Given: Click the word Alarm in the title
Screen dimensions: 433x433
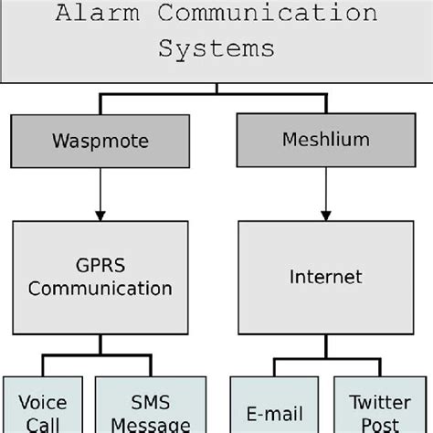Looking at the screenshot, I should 90,14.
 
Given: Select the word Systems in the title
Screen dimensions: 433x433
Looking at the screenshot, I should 216,48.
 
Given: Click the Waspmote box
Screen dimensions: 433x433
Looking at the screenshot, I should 100,142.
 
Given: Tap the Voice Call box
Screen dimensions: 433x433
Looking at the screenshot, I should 42,407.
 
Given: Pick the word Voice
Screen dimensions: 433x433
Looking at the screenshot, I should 42,403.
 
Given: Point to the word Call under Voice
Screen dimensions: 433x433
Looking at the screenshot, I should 42,425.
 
